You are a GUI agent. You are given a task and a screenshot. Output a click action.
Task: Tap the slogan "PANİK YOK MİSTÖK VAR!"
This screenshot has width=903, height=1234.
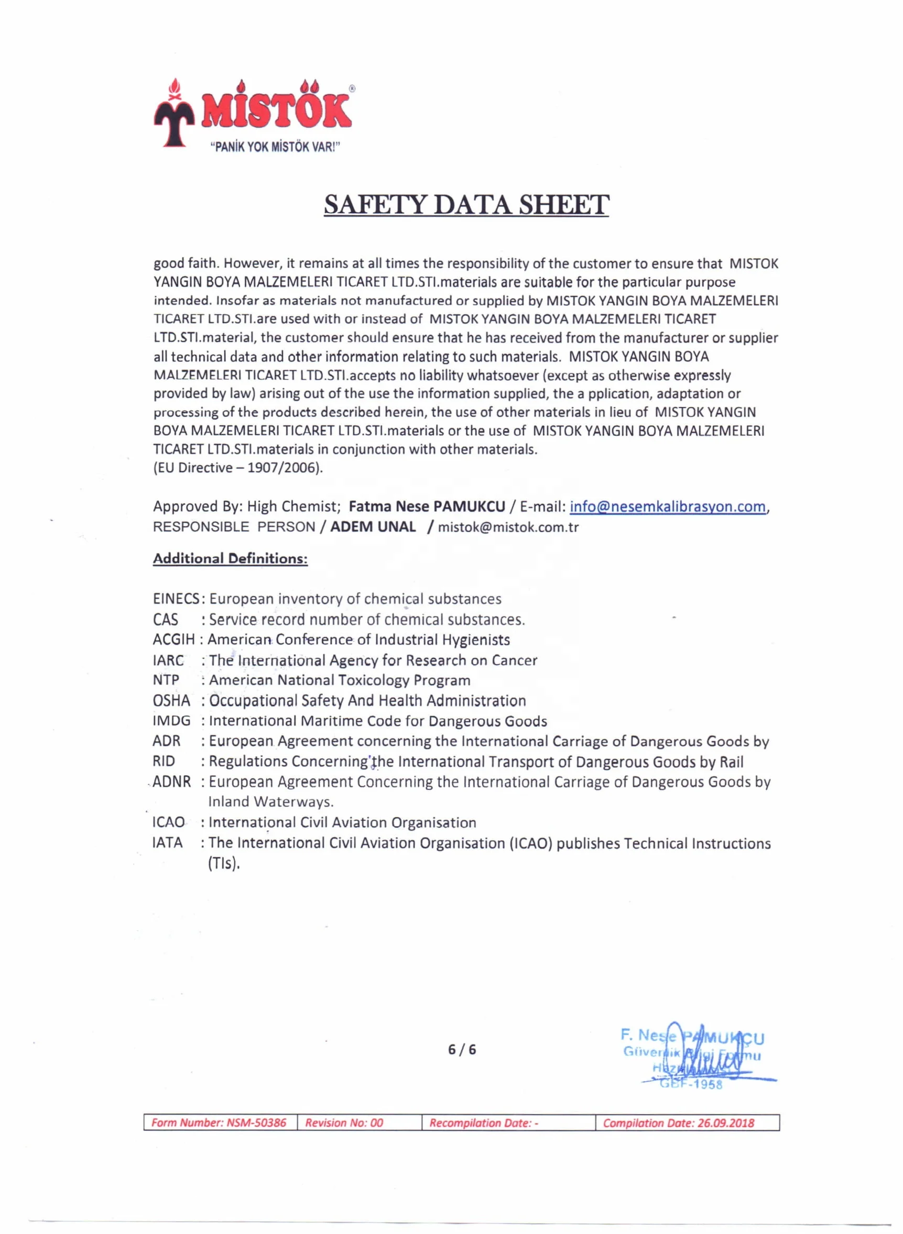coord(275,147)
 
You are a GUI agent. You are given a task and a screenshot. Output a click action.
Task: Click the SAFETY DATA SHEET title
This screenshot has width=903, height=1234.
coord(466,205)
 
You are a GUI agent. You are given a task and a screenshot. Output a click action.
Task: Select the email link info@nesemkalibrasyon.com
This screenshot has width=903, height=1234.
coord(667,506)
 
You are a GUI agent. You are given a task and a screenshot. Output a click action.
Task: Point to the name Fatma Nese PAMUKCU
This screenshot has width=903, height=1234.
coord(427,506)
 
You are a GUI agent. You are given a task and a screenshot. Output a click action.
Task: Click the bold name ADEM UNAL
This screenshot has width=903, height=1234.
coord(373,526)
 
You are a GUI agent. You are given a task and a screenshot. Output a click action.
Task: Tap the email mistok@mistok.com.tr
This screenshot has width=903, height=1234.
coord(508,527)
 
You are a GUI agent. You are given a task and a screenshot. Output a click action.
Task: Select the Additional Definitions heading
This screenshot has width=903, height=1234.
coord(230,558)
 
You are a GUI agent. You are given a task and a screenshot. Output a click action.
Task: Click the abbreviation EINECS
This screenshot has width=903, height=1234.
coord(176,599)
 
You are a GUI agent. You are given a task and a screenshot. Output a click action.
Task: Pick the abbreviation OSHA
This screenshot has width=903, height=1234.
coord(171,700)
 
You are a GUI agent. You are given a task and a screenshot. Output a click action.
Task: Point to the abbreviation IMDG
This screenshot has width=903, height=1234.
coord(171,721)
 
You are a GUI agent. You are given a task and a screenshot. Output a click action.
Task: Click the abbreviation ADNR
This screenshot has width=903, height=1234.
coord(171,781)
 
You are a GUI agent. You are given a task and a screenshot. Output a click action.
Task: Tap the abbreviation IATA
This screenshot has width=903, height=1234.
coord(167,843)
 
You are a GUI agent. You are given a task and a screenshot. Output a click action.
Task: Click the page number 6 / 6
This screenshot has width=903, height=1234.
coord(462,1049)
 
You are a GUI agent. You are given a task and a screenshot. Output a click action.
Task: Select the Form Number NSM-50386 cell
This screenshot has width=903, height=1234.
coord(219,1122)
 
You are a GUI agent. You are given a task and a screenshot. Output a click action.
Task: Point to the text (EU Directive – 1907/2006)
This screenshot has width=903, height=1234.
coord(238,468)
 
